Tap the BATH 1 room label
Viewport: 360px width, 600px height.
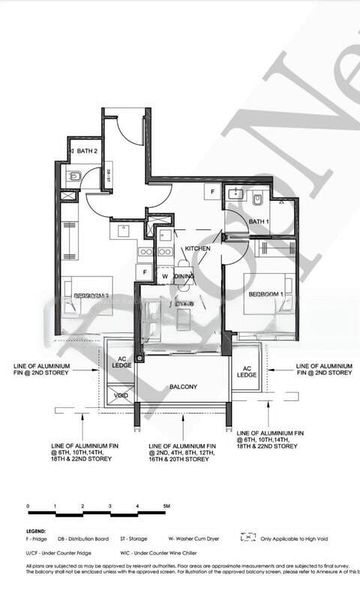259,221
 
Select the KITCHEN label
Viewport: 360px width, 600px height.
196,249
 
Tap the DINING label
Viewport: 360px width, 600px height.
184,276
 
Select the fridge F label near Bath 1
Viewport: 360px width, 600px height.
212,190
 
